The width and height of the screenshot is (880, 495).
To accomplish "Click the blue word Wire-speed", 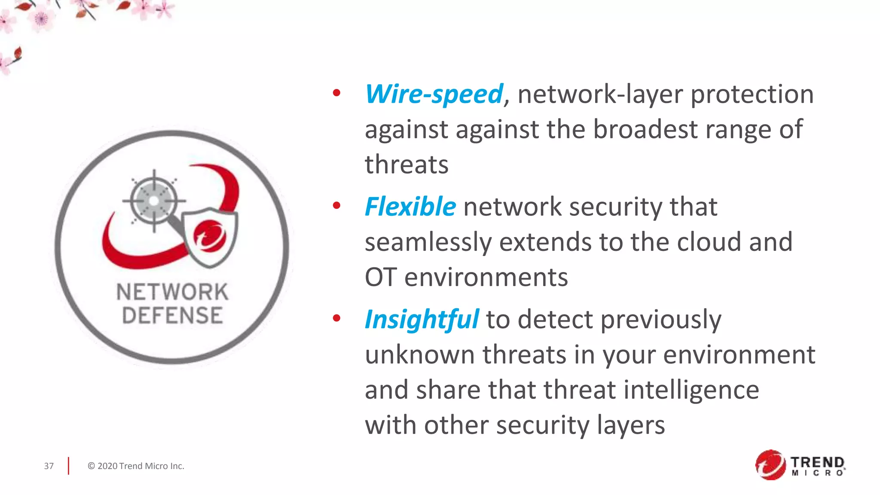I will (x=434, y=94).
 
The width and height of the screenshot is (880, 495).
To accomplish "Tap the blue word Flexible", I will (x=410, y=207).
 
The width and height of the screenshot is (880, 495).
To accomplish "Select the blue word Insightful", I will (x=422, y=320).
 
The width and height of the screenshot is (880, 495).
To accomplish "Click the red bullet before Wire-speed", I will (x=336, y=93).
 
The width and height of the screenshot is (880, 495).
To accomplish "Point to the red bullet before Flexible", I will (x=336, y=205).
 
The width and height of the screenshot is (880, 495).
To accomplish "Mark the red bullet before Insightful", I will (x=336, y=318).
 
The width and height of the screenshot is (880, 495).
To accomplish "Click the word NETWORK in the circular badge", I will (x=172, y=292).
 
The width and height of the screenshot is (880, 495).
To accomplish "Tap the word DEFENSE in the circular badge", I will (x=172, y=315).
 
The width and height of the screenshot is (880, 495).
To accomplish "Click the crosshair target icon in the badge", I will (x=154, y=201).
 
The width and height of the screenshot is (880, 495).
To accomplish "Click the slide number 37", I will (x=49, y=466).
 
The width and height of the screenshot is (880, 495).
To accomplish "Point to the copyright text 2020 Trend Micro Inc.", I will (x=136, y=466).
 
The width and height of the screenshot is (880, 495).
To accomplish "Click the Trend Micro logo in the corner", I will (x=800, y=465).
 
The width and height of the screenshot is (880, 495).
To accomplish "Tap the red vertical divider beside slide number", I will (x=68, y=466).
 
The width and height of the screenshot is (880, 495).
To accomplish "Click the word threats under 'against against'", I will (x=406, y=165).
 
